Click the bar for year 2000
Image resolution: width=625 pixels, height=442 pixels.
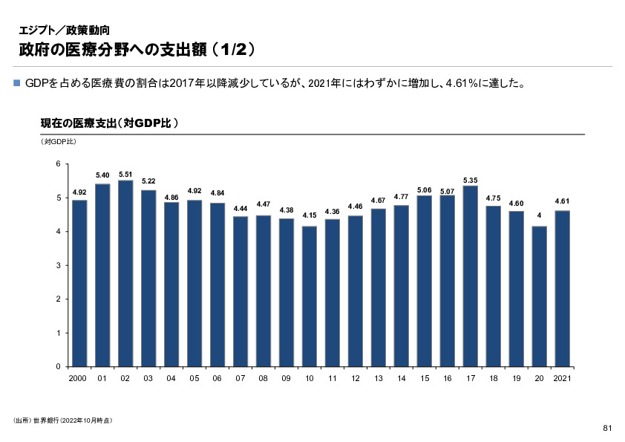click(79, 283)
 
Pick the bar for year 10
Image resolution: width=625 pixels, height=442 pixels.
click(309, 296)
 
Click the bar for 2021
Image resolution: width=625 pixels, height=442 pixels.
click(562, 289)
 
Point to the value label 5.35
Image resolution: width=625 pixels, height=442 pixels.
click(470, 180)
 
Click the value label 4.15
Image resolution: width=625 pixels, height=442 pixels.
click(310, 215)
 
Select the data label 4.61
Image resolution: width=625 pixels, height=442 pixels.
click(562, 201)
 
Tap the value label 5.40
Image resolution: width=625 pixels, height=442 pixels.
click(102, 175)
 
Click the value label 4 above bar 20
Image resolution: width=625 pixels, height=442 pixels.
click(539, 215)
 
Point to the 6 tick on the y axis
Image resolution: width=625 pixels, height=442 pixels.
click(59, 164)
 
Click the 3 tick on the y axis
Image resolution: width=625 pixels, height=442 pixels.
click(59, 265)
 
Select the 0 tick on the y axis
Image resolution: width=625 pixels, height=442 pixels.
click(59, 367)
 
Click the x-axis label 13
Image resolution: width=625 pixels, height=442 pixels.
click(379, 379)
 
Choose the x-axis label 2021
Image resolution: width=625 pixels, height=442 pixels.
click(562, 379)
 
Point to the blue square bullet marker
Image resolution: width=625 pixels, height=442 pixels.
click(18, 83)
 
